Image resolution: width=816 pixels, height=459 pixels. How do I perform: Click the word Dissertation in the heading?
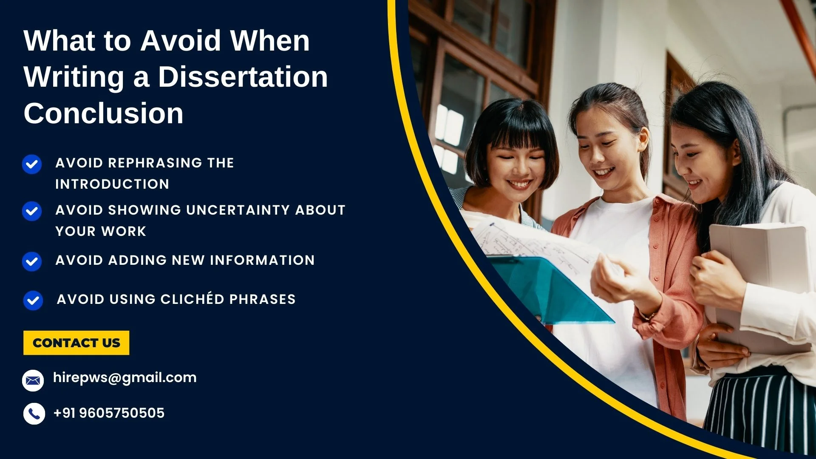pyautogui.click(x=243, y=77)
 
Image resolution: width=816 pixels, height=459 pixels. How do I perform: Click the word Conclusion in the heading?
pyautogui.click(x=103, y=113)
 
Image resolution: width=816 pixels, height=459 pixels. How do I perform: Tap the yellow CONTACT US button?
pyautogui.click(x=76, y=343)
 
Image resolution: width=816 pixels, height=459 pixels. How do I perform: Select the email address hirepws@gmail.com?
pyautogui.click(x=125, y=378)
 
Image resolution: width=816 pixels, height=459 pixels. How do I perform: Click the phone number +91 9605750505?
pyautogui.click(x=109, y=413)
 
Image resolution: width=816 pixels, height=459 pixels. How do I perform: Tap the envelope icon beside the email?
pyautogui.click(x=33, y=380)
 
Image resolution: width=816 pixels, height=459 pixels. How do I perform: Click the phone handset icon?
pyautogui.click(x=34, y=414)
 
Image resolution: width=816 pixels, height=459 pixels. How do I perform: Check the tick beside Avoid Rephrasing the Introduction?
pyautogui.click(x=32, y=164)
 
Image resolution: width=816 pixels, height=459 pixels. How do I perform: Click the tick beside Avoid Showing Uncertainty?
pyautogui.click(x=32, y=211)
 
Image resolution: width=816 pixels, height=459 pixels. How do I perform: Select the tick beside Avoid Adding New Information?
pyautogui.click(x=32, y=261)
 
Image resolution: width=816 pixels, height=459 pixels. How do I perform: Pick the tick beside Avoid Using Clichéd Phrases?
pyautogui.click(x=33, y=300)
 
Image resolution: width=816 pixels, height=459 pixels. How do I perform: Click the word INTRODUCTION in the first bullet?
pyautogui.click(x=112, y=184)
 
